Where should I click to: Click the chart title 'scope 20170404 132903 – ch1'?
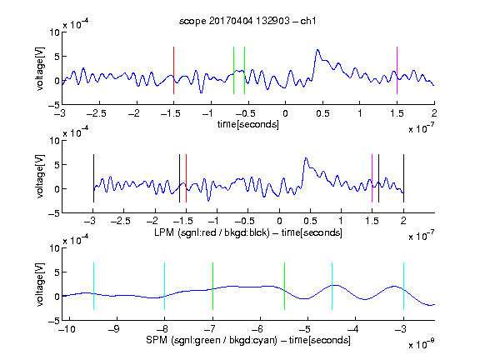(247, 21)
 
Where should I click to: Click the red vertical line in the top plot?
(173, 70)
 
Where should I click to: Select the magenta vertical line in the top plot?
(397, 70)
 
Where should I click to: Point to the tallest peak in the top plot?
(317, 50)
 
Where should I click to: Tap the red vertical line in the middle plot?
(186, 178)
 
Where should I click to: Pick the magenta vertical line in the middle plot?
(372, 178)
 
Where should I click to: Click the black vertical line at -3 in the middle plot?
(93, 178)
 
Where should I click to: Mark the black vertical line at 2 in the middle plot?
(403, 178)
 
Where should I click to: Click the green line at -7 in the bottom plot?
(212, 286)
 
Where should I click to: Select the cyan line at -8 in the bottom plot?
(165, 286)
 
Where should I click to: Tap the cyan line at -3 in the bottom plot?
(403, 286)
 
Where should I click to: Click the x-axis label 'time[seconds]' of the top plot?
(248, 124)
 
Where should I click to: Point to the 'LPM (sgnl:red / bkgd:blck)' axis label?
(212, 232)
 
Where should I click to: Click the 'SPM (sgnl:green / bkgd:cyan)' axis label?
(212, 340)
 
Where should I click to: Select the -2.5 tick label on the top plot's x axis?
(96, 113)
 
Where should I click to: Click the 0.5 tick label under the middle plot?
(310, 221)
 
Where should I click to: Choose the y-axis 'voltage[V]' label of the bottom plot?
(40, 284)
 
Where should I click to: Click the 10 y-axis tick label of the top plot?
(55, 32)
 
